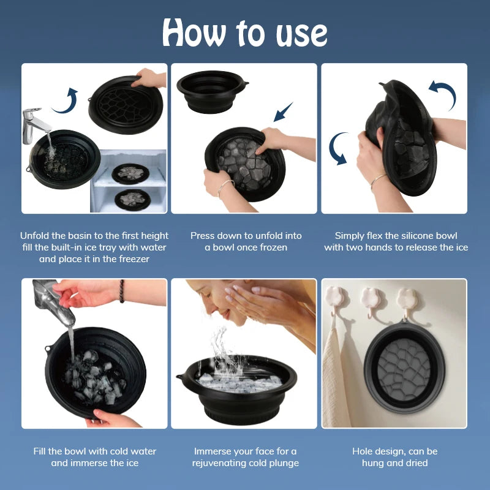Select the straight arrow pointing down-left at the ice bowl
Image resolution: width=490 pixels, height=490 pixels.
click(283, 113)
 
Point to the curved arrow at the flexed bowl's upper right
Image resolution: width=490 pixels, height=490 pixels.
click(442, 96)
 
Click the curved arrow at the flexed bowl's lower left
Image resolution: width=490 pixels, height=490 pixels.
click(338, 149)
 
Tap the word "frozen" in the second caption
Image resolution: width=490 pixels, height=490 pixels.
click(273, 247)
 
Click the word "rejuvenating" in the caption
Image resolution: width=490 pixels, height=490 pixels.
click(222, 463)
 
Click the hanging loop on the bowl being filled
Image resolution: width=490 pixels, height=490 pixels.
click(48, 350)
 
